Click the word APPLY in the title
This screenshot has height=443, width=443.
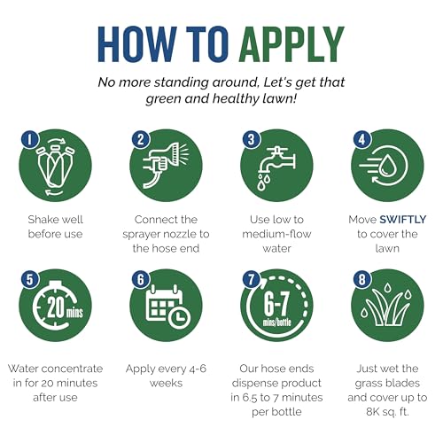point(291,44)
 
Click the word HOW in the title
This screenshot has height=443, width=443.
point(137,44)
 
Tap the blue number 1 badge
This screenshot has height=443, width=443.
point(30,139)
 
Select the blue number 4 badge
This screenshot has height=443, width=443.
point(362,139)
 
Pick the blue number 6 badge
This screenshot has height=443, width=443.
point(141,279)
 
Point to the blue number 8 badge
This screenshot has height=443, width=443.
point(362,279)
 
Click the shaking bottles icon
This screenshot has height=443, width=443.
point(55,167)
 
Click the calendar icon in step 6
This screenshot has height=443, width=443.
point(165,303)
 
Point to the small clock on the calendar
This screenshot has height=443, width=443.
point(179,317)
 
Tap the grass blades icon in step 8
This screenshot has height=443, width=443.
point(386,306)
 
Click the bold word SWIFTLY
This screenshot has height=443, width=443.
point(403,220)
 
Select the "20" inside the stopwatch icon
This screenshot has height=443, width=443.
point(56,307)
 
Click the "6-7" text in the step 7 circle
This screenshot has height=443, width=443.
point(276,305)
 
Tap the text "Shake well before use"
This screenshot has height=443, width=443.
point(55,227)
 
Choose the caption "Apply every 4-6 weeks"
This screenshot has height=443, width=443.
point(166,376)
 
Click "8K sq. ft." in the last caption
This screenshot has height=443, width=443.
point(387,412)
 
